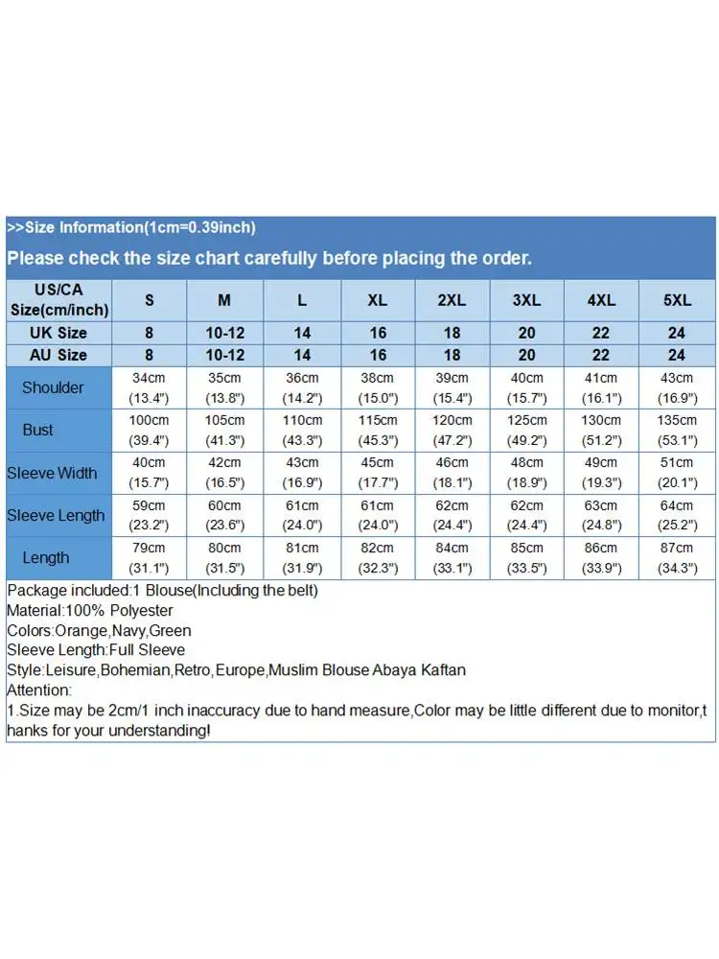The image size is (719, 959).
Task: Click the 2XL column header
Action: coord(452,300)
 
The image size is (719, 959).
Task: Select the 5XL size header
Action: coord(677,300)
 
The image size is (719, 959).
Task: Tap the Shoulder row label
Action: coord(53,387)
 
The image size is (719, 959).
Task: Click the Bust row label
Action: coord(38,430)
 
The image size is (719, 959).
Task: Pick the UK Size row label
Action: coord(59,333)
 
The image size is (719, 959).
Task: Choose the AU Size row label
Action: coord(59,355)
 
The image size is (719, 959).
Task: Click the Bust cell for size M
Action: coord(224,430)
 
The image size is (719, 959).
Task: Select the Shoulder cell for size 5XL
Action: coord(677,387)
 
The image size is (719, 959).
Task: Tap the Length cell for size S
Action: coord(150,557)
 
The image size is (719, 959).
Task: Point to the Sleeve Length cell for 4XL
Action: coord(601,515)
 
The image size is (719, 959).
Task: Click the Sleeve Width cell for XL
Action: coord(378,473)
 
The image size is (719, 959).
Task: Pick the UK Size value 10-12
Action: coord(224,333)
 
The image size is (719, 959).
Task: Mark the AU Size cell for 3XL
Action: coord(526,355)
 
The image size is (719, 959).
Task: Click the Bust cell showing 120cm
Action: coord(452,430)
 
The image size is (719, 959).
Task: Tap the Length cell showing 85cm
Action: coord(526,557)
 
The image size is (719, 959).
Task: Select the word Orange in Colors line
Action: coord(76,631)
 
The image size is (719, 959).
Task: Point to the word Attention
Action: coord(39,690)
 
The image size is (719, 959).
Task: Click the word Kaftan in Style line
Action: coord(444,669)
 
